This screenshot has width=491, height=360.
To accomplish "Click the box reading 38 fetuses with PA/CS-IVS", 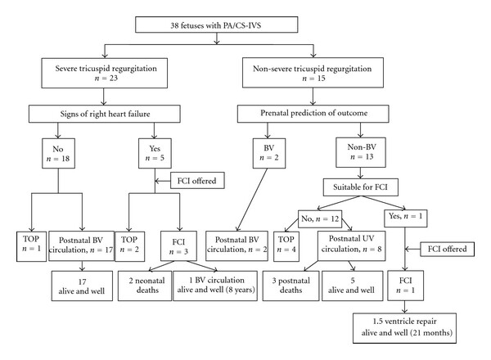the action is (x=216, y=25).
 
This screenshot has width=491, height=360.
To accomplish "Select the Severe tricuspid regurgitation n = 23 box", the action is (x=104, y=73).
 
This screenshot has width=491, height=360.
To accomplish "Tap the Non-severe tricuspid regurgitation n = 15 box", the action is (x=313, y=73).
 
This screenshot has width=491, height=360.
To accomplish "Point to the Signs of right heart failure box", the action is (x=105, y=114).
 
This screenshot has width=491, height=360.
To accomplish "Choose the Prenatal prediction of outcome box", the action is (x=313, y=114).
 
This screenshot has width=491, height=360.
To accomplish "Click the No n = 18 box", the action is (x=59, y=153).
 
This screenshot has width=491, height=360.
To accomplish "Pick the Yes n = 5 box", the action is (x=155, y=153).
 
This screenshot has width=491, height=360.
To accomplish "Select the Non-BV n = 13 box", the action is (x=361, y=152).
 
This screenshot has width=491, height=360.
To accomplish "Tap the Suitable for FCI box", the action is (x=361, y=187).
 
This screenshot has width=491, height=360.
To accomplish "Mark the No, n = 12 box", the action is (x=320, y=218).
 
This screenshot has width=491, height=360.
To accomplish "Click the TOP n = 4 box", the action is (x=286, y=246).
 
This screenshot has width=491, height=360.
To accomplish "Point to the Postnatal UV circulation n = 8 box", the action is (x=352, y=246).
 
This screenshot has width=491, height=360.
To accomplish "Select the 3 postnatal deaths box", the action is (x=291, y=286).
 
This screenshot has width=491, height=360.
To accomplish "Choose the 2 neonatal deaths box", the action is (x=145, y=286).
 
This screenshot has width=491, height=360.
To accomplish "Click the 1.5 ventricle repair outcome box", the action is (x=404, y=328).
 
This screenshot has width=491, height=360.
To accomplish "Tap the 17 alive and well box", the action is (x=82, y=286).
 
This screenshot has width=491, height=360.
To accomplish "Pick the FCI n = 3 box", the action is (x=178, y=246).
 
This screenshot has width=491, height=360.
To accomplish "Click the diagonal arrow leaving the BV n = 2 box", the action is (x=252, y=200).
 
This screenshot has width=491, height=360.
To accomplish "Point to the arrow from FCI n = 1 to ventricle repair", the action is (x=405, y=307).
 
